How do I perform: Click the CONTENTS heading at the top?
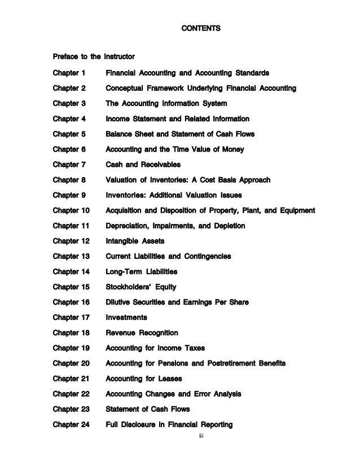[x=201, y=28]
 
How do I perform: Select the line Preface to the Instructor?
[x=93, y=56]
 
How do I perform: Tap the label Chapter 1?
[x=69, y=73]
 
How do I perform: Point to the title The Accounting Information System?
[x=166, y=104]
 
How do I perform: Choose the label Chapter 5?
[x=69, y=134]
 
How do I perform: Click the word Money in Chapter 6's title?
[x=231, y=150]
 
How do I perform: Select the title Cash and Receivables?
[x=143, y=165]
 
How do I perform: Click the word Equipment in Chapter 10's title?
[x=295, y=210]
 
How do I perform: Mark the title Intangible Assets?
[x=135, y=241]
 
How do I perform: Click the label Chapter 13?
[x=71, y=256]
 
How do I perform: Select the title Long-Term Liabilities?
[x=141, y=271]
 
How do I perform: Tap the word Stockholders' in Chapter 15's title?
[x=128, y=287]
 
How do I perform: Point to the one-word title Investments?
[x=126, y=317]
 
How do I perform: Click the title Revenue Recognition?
[x=142, y=332]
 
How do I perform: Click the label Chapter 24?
[x=71, y=424]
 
